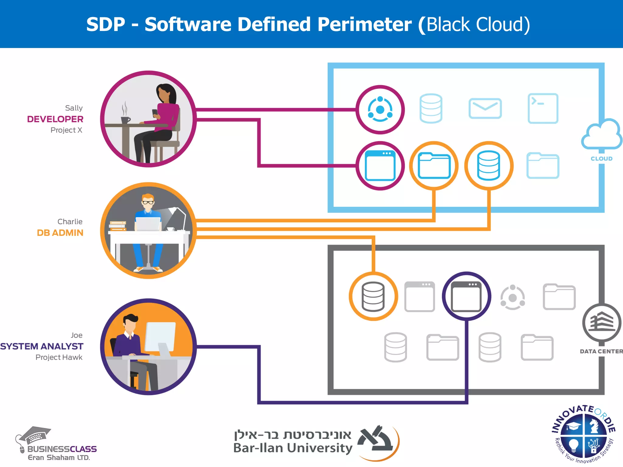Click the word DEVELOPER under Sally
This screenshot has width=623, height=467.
[55, 119]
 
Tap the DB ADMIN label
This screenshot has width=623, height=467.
[60, 233]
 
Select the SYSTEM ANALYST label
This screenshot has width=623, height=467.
[42, 346]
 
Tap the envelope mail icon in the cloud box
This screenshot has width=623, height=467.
[485, 108]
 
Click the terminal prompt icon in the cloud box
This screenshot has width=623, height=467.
[543, 108]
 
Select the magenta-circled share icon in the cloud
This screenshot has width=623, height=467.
[380, 109]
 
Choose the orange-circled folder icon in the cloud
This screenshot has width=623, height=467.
[434, 166]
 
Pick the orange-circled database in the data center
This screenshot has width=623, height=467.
[373, 296]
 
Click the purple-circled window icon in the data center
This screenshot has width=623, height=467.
[466, 296]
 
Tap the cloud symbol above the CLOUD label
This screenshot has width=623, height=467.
[601, 135]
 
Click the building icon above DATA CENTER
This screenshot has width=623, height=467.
[601, 323]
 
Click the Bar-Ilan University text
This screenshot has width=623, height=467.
[293, 448]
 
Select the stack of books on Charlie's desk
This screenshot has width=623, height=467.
[117, 226]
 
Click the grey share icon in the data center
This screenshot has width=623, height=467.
[513, 297]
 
